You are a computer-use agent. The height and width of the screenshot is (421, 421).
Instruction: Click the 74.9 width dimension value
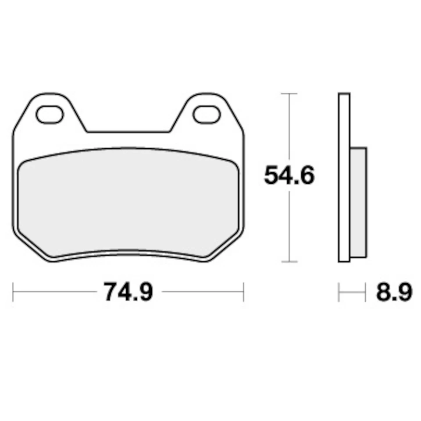pos(128,292)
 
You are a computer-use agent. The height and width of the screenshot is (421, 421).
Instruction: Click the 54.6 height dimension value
pos(289,176)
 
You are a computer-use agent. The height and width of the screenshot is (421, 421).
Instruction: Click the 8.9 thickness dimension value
pos(393,293)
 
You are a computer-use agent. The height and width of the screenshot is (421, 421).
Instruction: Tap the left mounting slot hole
pos(50,114)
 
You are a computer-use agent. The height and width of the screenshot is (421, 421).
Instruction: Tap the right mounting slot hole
pos(207,114)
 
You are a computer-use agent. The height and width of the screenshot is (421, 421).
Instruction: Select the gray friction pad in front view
pos(128,202)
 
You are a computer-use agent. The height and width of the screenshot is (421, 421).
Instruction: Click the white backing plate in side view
pos(344,177)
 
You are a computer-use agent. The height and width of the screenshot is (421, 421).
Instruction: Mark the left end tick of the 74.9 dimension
pos(13,292)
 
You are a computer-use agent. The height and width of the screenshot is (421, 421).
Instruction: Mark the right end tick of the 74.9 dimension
pos(243,292)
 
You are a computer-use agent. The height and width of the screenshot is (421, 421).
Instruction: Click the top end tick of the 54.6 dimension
pos(289,93)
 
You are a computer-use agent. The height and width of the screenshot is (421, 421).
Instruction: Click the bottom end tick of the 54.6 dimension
pos(289,262)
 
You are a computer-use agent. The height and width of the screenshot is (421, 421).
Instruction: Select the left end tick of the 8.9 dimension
pos(339,293)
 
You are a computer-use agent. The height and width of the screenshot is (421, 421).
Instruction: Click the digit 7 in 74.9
pos(111,292)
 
